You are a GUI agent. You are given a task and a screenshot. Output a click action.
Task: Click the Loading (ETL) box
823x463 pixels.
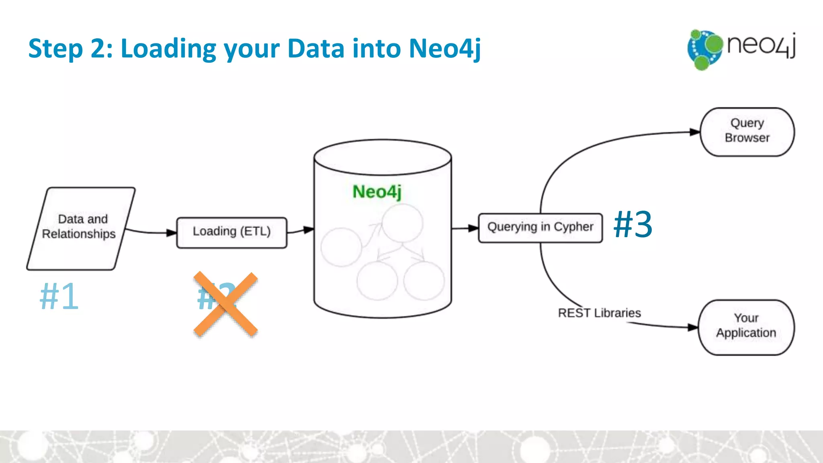[x=232, y=232]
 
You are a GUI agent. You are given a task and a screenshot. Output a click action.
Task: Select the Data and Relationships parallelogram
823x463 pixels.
[x=81, y=228]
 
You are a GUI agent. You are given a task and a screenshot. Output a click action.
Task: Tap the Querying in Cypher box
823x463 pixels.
[x=540, y=227]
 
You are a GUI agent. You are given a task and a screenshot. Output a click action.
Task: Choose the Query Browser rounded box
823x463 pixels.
[x=747, y=131]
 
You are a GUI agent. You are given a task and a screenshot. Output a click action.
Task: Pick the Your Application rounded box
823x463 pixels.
[x=746, y=327]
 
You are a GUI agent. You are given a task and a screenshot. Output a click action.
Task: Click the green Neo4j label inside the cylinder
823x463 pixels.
[x=377, y=192]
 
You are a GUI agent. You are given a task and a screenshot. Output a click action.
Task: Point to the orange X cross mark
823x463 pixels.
[x=225, y=304]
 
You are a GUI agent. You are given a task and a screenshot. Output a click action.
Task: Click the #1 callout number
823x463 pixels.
[x=59, y=296]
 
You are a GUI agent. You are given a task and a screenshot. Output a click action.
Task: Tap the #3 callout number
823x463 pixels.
[x=633, y=224]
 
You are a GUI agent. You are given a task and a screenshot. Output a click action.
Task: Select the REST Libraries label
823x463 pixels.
[x=599, y=313]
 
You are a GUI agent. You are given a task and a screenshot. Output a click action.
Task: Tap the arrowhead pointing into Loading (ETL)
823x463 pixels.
[x=172, y=232]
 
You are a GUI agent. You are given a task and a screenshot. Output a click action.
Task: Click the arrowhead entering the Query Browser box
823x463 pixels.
[x=695, y=132]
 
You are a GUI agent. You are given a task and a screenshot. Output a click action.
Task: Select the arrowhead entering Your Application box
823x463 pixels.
[x=693, y=327]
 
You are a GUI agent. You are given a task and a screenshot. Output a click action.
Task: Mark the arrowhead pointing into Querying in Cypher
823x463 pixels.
[x=473, y=228]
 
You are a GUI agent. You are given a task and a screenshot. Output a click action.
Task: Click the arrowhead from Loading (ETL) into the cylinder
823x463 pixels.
[x=308, y=230]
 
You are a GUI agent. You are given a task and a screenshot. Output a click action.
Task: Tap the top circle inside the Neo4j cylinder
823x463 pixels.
[x=402, y=223]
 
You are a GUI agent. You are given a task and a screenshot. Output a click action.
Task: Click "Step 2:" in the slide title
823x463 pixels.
[x=71, y=49]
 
